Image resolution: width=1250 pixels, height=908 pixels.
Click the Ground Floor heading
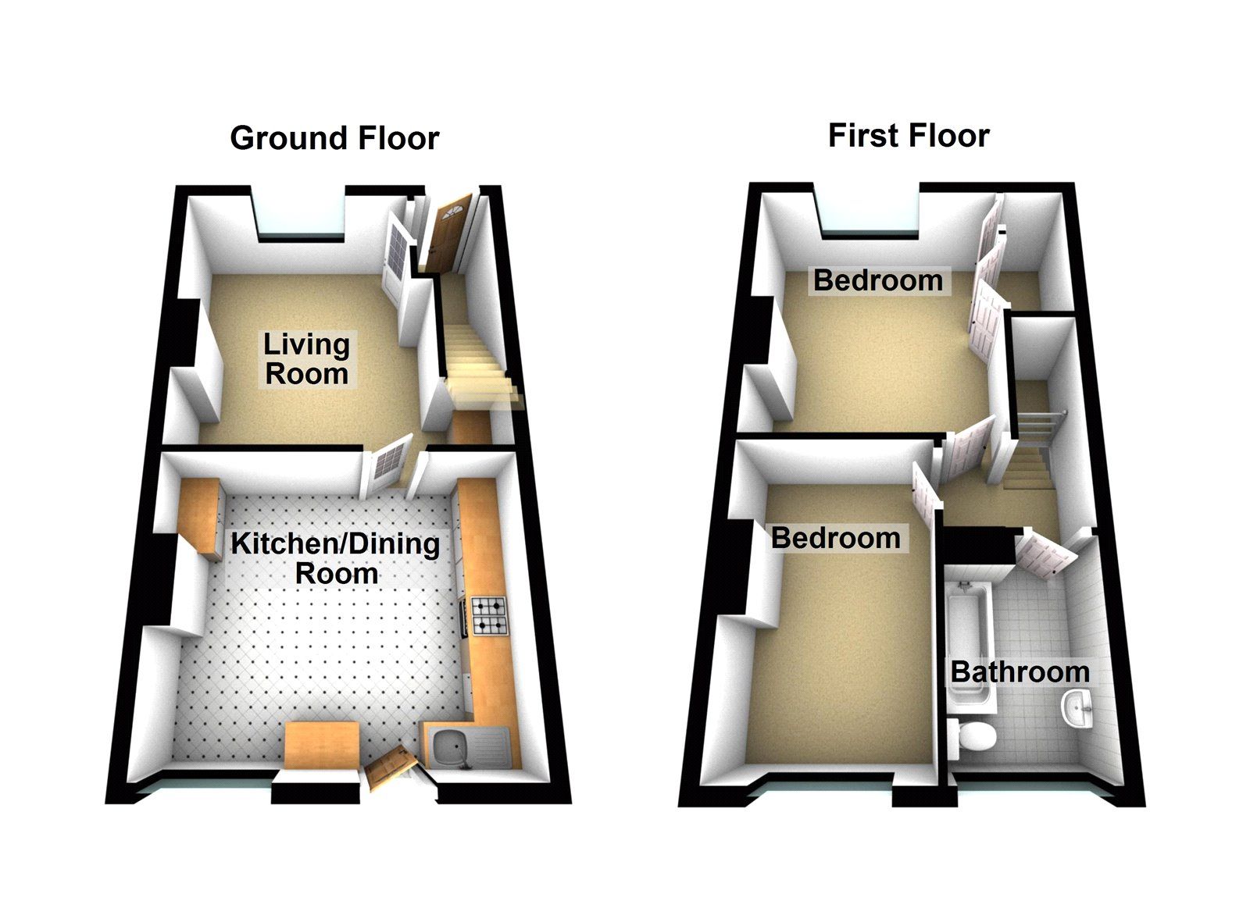pos(334,138)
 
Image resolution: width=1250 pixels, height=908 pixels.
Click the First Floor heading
pos(909,136)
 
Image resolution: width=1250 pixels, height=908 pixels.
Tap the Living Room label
pos(306,359)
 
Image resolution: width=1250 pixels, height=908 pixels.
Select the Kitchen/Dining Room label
pos(335,558)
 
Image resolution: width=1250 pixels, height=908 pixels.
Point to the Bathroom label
pos(1020,671)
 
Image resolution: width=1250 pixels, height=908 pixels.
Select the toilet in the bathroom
pos(973,736)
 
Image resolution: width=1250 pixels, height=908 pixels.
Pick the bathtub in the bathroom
pos(969,640)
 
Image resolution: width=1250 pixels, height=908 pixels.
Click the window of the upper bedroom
pos(871,229)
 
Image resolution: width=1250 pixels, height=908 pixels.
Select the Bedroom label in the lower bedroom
pos(835,538)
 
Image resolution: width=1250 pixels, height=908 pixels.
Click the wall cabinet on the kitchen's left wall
pos(202,517)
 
